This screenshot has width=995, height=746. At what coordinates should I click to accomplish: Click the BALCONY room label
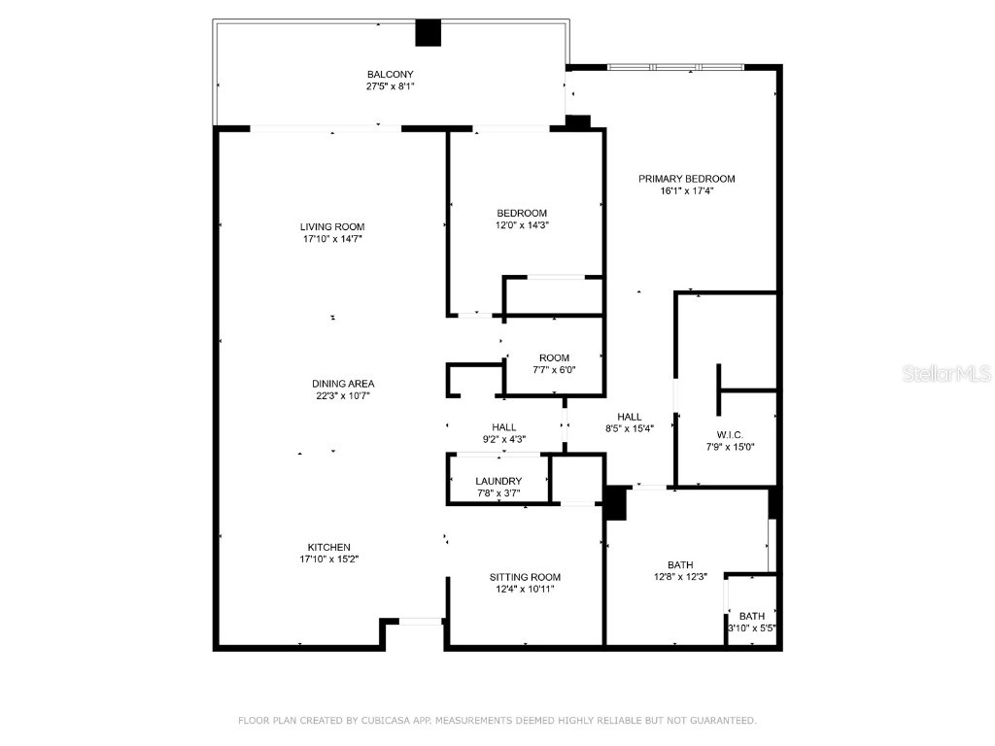point(383,74)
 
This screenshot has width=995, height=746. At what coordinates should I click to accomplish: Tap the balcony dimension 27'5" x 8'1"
point(383,86)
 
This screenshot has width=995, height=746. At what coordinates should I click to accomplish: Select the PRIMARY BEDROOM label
point(686,179)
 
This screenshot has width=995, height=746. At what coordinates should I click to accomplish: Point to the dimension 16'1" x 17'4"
point(686,191)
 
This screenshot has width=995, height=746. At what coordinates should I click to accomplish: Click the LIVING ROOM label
point(332,226)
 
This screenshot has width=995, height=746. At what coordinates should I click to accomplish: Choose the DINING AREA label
point(343,383)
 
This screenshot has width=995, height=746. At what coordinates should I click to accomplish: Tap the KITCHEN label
point(329,547)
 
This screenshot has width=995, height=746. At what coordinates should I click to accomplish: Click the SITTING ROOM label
point(525,577)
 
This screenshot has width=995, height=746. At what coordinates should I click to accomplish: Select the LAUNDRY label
point(498,481)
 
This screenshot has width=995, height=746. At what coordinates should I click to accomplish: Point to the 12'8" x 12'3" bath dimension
point(680,577)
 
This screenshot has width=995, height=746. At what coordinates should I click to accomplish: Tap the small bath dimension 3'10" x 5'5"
point(752,628)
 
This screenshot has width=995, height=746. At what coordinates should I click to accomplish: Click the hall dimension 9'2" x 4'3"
point(503,439)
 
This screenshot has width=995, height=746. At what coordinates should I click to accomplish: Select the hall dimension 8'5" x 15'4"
point(629,428)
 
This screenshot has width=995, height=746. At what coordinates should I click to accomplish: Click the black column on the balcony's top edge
point(429,33)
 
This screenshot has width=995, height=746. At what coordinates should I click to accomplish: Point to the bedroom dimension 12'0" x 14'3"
point(522,225)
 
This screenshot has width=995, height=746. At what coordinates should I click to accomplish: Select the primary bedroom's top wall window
point(675,67)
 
